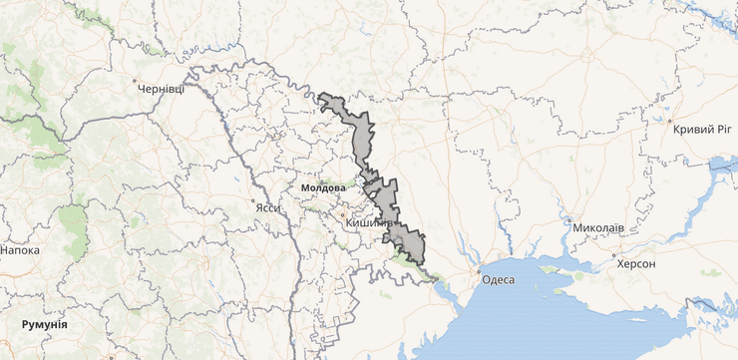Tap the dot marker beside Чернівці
pos(135,80)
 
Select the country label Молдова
pos(321,187)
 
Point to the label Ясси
pos(267,207)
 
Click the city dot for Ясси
pos(256,198)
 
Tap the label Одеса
pos(498,279)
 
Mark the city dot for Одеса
pos(480,271)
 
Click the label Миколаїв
pos(598,228)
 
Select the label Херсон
pos(636,263)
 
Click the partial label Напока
pos(20,249)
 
